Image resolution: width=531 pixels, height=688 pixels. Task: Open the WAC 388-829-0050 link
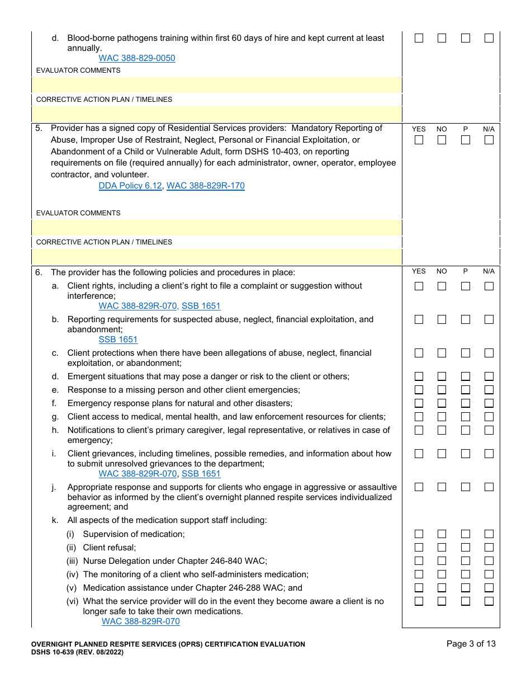(137, 58)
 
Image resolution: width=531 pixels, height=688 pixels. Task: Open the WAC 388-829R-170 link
(206, 186)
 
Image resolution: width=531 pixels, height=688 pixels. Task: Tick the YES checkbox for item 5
(419, 140)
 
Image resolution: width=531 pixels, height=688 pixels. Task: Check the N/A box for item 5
(489, 140)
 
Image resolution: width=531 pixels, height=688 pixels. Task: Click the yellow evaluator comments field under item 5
(217, 228)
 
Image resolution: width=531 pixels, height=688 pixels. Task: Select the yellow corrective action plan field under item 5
(217, 257)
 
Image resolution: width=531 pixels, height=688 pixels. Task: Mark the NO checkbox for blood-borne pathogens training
(442, 38)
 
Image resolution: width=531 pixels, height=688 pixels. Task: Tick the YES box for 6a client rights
(419, 286)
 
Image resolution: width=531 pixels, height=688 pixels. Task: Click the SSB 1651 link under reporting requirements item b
(118, 340)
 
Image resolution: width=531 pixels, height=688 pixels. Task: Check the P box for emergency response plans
(466, 403)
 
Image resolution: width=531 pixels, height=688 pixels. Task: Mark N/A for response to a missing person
(489, 390)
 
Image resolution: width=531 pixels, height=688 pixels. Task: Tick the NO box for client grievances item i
(442, 454)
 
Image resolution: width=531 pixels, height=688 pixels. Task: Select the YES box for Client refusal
(419, 548)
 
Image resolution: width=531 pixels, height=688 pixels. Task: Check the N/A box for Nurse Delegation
(489, 561)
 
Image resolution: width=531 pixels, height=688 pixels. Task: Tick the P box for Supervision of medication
(466, 534)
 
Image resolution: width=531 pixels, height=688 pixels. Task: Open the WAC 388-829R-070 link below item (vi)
(141, 621)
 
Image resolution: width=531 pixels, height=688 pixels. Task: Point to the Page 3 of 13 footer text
(471, 644)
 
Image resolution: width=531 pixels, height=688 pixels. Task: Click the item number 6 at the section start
(39, 272)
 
